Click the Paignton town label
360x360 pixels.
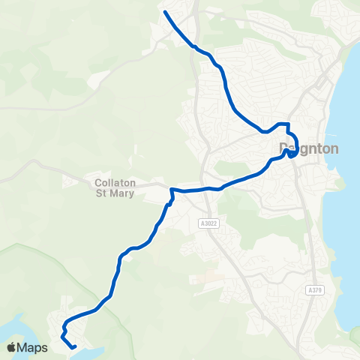coord(308,148)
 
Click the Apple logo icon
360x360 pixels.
coord(12,347)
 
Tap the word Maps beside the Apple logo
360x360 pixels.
coord(33,348)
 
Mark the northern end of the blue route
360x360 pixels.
coord(164,12)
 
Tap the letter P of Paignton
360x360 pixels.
coord(283,148)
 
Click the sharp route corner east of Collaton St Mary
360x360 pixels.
coord(172,189)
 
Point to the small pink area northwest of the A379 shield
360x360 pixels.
coord(201,278)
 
